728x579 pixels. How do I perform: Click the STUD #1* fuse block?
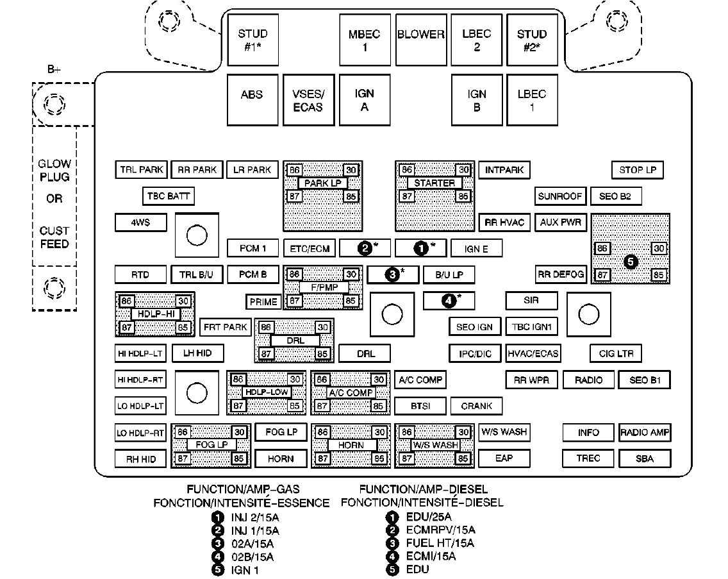pos(252,40)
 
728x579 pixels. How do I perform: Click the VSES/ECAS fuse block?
pos(308,101)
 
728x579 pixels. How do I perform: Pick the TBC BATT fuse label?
pos(167,196)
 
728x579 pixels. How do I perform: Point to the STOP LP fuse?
pos(637,170)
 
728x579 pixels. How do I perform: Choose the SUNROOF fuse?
pos(560,196)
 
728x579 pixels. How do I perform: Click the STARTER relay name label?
pos(434,183)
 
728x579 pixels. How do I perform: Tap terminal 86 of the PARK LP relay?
pos(294,170)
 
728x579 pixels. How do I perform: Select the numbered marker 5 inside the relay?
pos(631,262)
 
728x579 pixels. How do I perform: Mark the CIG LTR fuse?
pos(616,353)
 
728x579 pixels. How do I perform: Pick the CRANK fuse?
pos(476,406)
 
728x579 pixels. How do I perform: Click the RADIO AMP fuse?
pos(644,433)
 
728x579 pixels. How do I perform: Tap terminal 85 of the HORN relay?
pos(379,458)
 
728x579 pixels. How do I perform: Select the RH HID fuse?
pos(140,459)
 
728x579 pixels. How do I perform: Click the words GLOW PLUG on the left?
pos(54,171)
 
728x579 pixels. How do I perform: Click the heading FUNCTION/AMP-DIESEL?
pos(423,489)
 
